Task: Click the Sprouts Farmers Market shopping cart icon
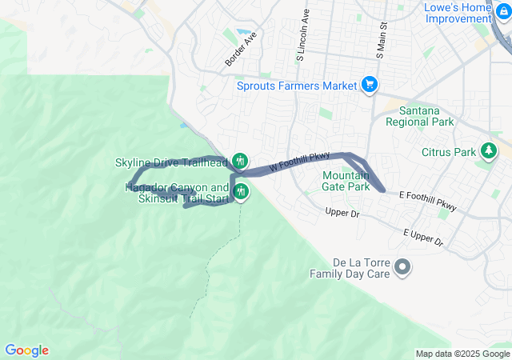[369, 85]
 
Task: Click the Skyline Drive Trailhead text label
[171, 162]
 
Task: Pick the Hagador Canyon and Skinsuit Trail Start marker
[240, 192]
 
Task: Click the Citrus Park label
[448, 152]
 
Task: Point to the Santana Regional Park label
[419, 117]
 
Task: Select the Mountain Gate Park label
[346, 181]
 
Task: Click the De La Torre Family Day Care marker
[402, 266]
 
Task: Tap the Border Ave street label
[241, 50]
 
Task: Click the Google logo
[26, 350]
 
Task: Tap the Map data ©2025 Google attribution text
[462, 354]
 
